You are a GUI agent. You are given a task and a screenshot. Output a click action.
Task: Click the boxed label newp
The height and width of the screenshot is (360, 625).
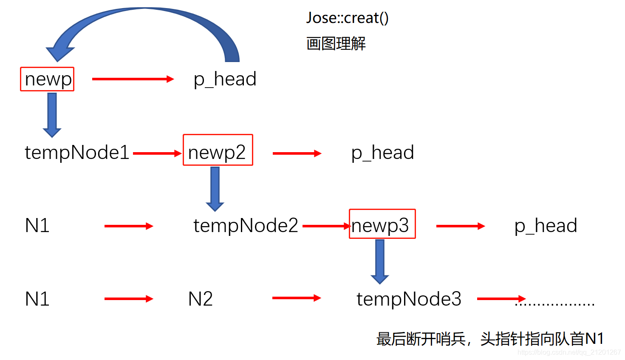(47, 79)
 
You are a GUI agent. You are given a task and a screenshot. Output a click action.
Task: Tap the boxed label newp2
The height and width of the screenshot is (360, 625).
(218, 150)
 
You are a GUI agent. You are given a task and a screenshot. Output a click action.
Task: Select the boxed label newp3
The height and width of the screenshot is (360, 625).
(382, 224)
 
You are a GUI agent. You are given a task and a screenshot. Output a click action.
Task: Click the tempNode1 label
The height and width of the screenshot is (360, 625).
(77, 152)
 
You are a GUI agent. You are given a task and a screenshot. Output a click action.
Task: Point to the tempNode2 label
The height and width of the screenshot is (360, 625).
(246, 225)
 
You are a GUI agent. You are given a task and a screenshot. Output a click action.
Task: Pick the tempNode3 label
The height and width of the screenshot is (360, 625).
(409, 299)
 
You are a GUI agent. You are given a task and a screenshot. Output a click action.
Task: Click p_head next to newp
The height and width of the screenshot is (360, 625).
(225, 79)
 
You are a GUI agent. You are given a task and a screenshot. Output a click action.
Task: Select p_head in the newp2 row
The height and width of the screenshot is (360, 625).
(382, 153)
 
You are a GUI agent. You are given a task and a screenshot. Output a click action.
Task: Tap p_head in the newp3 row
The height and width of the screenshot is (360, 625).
(546, 225)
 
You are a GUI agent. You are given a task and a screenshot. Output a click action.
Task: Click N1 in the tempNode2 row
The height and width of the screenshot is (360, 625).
(37, 225)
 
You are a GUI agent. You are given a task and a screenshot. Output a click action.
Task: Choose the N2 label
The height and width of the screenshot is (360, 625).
(200, 299)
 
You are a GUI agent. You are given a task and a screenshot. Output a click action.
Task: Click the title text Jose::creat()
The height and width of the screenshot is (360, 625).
(347, 18)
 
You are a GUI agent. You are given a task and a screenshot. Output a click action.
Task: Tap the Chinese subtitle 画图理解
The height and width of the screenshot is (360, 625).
(336, 43)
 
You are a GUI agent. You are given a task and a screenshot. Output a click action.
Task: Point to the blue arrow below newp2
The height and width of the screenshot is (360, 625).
(215, 188)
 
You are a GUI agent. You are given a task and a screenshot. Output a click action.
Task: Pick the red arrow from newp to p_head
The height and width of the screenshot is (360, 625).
(133, 79)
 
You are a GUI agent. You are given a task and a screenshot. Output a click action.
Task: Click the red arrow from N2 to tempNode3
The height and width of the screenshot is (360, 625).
(296, 298)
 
